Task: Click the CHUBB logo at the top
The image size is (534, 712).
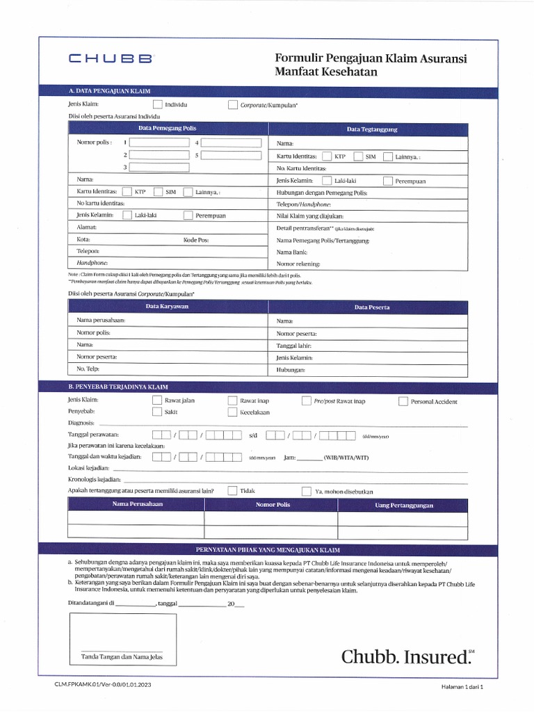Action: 110,59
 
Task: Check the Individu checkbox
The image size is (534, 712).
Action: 157,105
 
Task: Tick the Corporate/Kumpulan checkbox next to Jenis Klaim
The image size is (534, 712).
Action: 233,105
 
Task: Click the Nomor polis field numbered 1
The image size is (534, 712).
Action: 159,143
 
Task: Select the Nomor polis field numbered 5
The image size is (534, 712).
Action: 231,155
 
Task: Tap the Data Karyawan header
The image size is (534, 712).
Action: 167,307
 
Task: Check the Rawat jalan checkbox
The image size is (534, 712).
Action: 157,401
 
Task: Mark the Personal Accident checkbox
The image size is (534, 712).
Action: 403,401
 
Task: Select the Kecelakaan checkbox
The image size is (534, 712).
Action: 233,412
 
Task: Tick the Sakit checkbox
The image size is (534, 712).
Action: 157,412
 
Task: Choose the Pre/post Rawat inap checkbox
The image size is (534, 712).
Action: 307,401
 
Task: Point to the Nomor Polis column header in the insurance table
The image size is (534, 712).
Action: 273,505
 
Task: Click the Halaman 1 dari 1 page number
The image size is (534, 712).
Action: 461,686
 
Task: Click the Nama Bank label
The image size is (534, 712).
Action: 291,252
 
